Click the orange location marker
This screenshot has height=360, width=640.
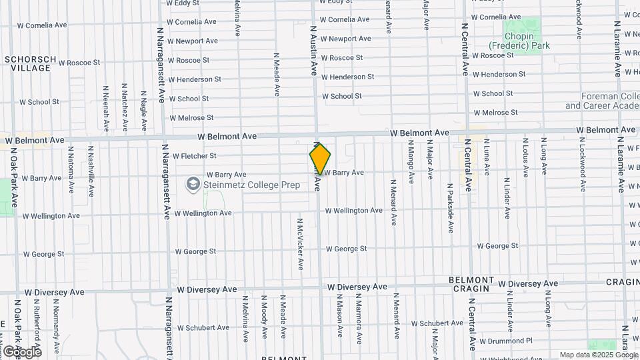click(320, 159)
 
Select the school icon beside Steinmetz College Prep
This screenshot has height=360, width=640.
click(193, 183)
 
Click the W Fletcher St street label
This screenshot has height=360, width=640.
click(195, 156)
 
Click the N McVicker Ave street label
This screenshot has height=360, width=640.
click(301, 243)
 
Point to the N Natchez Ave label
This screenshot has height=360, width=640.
click(125, 107)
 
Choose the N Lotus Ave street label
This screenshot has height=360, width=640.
click(525, 157)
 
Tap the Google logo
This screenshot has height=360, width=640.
click(21, 351)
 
